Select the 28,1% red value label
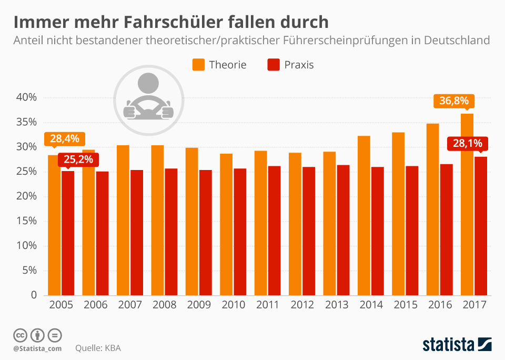pyautogui.click(x=468, y=144)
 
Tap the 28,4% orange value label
pyautogui.click(x=64, y=139)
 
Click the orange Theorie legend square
pyautogui.click(x=198, y=65)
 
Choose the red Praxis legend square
pyautogui.click(x=274, y=65)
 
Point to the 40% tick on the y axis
pyautogui.click(x=26, y=97)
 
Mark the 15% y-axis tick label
pyautogui.click(x=26, y=221)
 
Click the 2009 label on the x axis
pyautogui.click(x=198, y=305)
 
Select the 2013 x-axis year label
pyautogui.click(x=336, y=305)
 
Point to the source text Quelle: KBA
pyautogui.click(x=98, y=348)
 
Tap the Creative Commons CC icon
pyautogui.click(x=20, y=335)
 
